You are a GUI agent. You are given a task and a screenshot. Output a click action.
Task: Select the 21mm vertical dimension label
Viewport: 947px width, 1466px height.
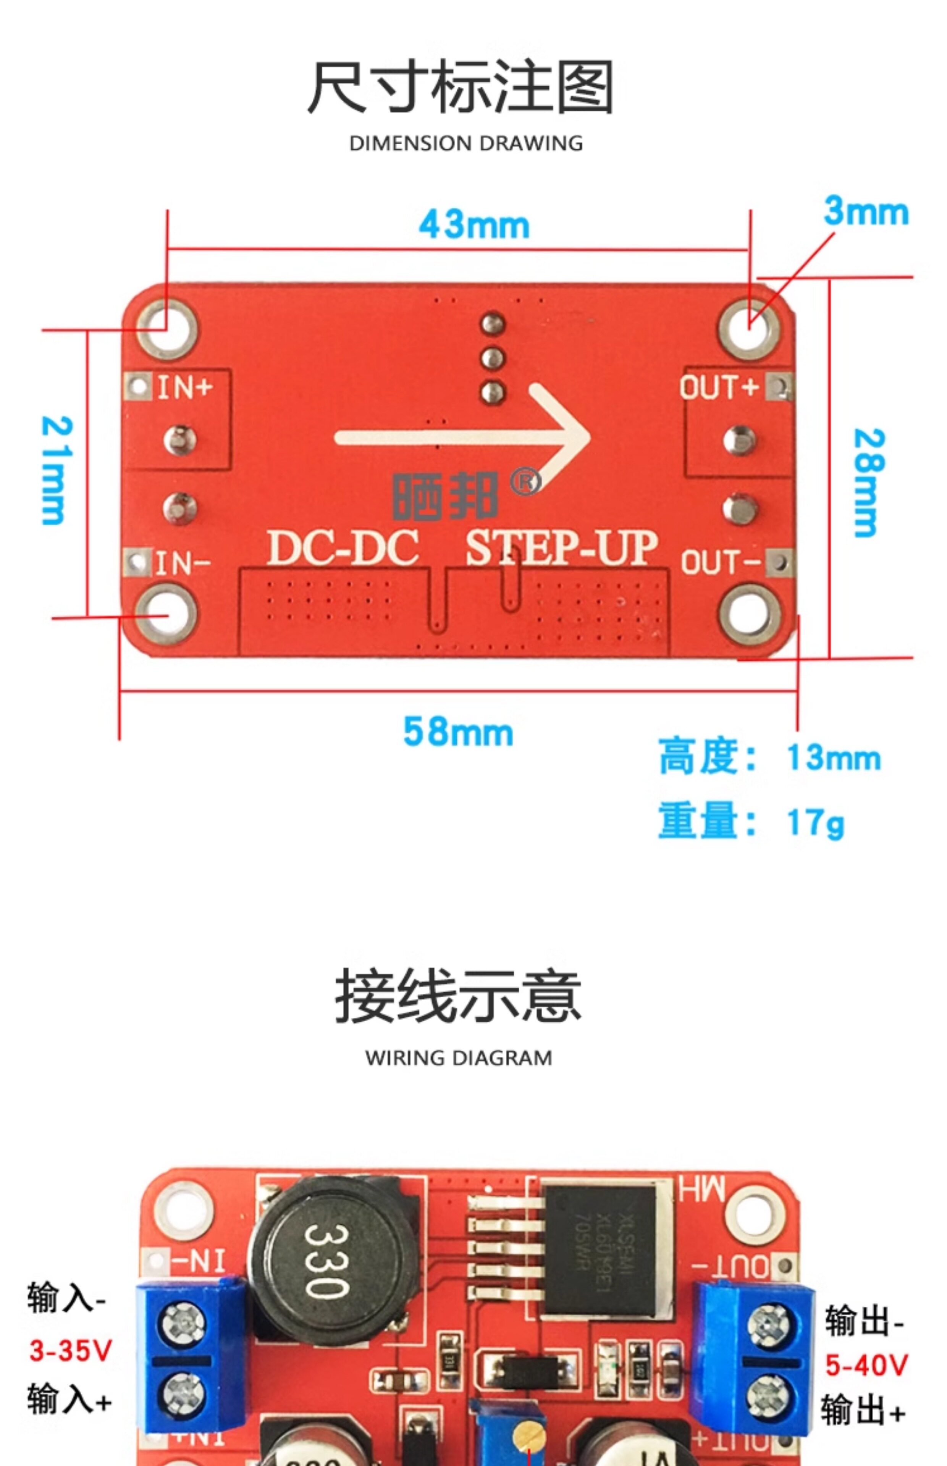[x=57, y=470]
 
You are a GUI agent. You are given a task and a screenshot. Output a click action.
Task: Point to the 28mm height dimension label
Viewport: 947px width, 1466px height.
[x=869, y=483]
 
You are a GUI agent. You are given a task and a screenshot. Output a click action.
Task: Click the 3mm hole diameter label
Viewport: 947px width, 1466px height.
[x=866, y=212]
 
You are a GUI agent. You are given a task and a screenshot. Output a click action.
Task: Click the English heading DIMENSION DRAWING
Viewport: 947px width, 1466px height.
[x=465, y=143]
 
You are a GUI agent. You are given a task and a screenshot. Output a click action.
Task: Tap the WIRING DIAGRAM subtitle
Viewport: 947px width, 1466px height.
[x=459, y=1058]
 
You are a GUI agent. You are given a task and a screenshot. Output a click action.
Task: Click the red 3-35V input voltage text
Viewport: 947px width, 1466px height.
[x=71, y=1350]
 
